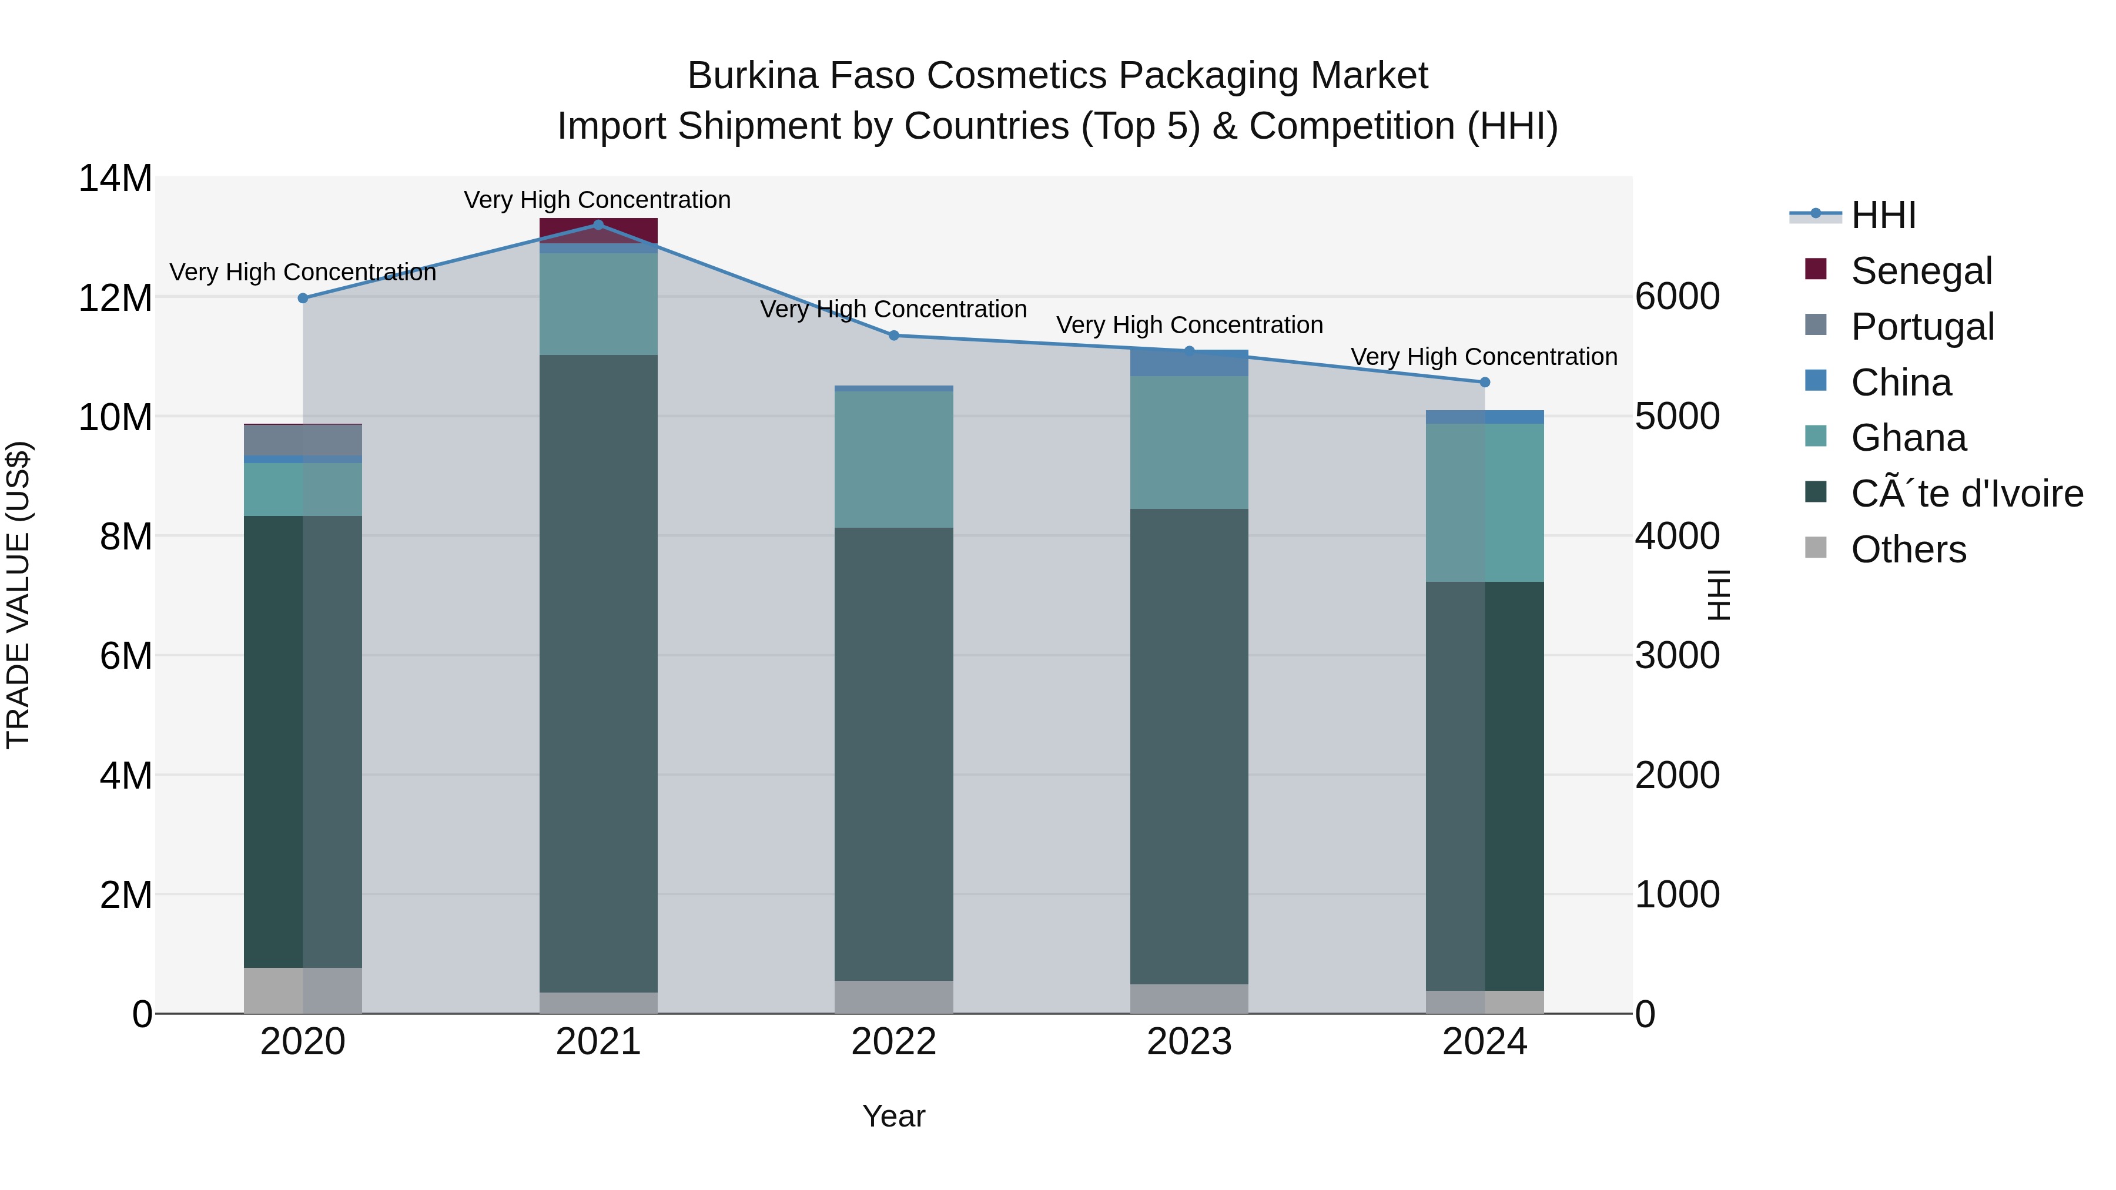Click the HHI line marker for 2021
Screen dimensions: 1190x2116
pos(598,225)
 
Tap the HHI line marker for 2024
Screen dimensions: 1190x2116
pos(1484,382)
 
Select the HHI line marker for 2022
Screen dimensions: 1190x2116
pos(893,335)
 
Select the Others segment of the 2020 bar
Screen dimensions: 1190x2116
pos(302,990)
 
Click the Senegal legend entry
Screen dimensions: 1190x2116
pos(1920,270)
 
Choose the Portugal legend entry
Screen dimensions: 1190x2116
pos(1921,326)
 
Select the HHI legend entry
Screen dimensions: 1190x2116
pos(1883,215)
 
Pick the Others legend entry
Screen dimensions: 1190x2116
pos(1907,549)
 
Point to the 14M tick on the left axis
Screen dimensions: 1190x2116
pos(115,178)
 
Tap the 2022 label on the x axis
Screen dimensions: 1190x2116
pos(893,1042)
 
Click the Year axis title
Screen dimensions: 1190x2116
pos(893,1116)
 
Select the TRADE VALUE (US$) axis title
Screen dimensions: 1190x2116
pos(18,595)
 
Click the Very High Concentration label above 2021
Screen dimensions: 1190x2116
pos(597,200)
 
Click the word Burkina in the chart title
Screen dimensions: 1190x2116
pos(752,76)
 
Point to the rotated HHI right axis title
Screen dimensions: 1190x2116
pos(1717,595)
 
